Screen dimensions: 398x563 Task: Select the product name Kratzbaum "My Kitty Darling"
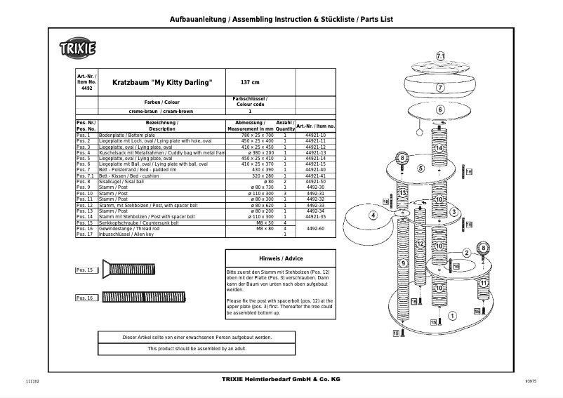click(162, 82)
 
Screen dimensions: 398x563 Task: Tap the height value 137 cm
click(241, 82)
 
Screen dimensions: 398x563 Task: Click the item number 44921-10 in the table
click(315, 135)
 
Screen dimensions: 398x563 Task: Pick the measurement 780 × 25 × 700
click(258, 135)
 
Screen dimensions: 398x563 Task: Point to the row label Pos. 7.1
click(85, 175)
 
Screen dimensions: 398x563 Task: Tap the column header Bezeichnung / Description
click(161, 126)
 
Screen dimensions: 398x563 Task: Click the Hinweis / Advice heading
click(281, 258)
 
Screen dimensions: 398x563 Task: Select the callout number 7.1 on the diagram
click(441, 55)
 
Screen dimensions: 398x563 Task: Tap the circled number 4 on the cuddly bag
click(373, 215)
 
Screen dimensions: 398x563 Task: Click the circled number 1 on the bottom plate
click(451, 316)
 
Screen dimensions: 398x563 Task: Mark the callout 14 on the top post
click(439, 148)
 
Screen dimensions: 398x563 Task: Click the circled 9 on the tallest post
click(404, 263)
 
